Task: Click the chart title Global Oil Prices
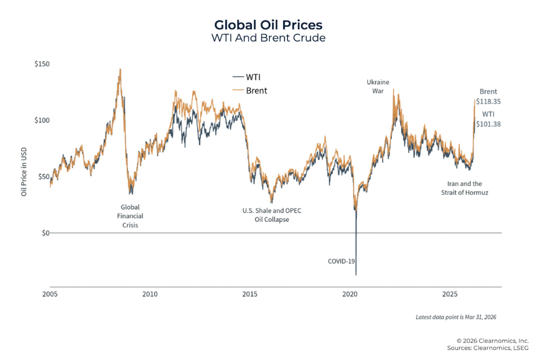(x=268, y=25)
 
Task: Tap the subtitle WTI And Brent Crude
(x=268, y=38)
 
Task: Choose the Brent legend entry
(x=250, y=90)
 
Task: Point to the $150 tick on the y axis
(x=42, y=64)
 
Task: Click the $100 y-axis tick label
(x=42, y=120)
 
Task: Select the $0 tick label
(x=45, y=233)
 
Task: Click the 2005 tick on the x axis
(x=50, y=294)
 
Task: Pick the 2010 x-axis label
(x=150, y=294)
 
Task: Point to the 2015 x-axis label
(x=250, y=294)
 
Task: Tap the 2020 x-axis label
(x=350, y=294)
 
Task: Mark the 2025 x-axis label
(x=450, y=294)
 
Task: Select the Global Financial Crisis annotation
(x=130, y=216)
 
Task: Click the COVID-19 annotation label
(x=342, y=261)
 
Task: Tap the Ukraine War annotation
(x=378, y=86)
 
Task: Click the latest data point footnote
(x=456, y=317)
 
